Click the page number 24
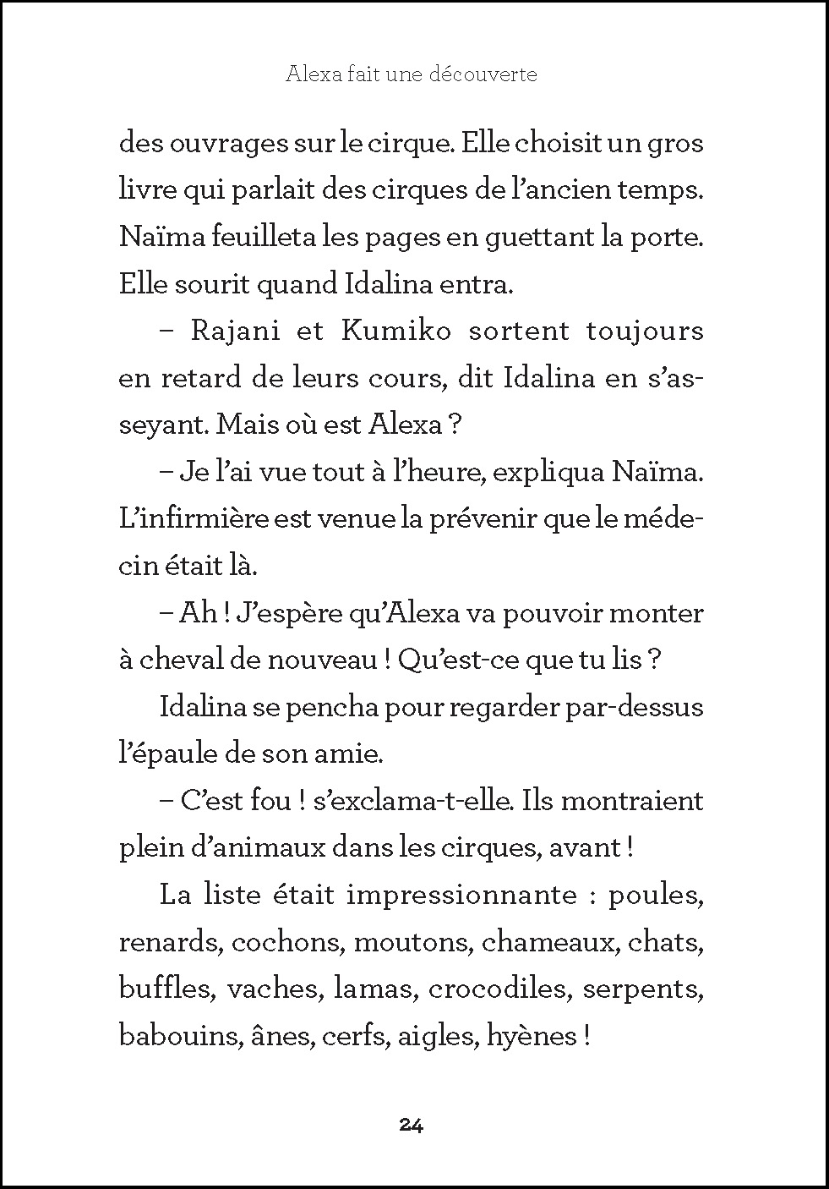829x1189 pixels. pos(411,1125)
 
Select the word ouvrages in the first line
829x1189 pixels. pos(226,144)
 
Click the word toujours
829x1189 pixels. pos(645,331)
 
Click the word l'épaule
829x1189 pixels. pos(165,753)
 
